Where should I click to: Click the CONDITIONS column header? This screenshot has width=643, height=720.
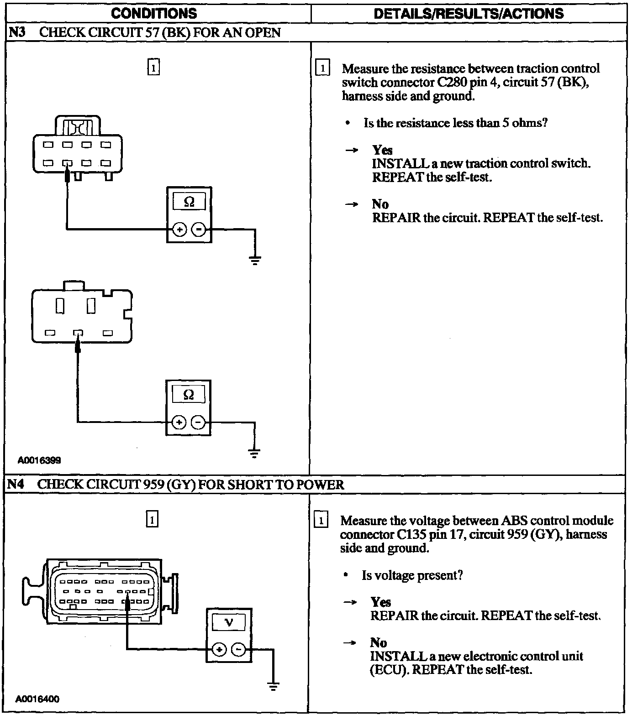(x=154, y=13)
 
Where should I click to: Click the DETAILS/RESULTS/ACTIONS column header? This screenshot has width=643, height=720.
(x=469, y=13)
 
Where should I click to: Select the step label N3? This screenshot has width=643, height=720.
(x=16, y=32)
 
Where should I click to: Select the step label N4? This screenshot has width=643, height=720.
(x=16, y=484)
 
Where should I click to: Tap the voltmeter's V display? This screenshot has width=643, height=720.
(x=229, y=622)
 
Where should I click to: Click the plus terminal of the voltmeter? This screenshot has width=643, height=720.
(x=219, y=650)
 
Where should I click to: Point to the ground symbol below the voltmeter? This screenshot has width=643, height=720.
(x=273, y=686)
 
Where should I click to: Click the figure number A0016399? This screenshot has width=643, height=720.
(x=39, y=460)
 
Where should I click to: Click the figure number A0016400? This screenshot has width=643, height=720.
(x=37, y=699)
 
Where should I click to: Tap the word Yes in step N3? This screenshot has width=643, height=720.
(x=382, y=150)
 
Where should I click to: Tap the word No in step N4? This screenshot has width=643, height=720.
(x=379, y=642)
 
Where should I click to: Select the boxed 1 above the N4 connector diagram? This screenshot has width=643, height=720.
(x=152, y=519)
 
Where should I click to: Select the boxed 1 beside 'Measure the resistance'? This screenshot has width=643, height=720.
(x=322, y=68)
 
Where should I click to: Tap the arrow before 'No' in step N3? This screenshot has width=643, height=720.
(x=351, y=204)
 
